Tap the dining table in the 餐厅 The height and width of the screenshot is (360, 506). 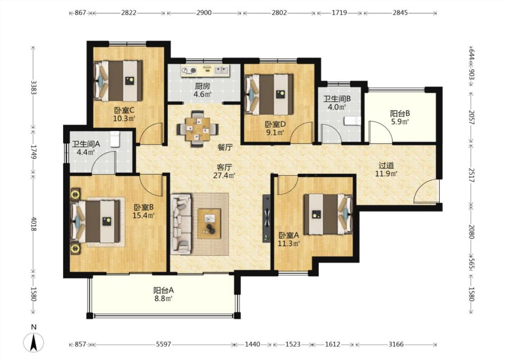197,129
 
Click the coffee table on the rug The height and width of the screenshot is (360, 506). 210,224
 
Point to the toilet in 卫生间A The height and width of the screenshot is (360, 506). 115,139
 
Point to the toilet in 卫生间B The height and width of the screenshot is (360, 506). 352,121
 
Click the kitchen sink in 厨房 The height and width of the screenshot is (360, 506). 221,70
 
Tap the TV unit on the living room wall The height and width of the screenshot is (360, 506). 267,218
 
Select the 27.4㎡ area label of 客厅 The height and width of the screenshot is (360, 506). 224,175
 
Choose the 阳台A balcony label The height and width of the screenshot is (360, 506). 163,290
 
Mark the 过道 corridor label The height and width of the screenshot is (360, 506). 386,165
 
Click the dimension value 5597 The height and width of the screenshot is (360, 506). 163,345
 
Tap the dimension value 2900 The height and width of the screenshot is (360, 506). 204,13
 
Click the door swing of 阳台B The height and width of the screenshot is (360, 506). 381,131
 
